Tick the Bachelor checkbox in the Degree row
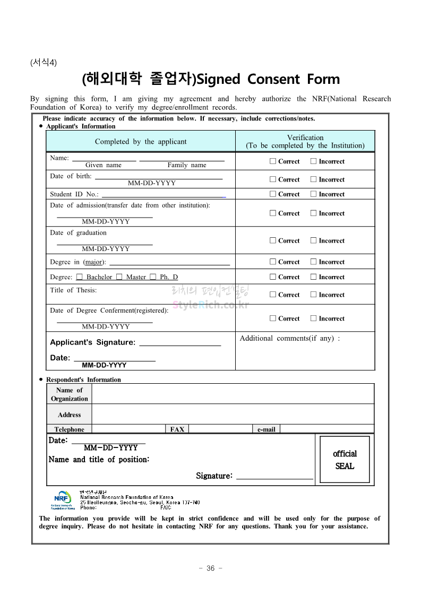79,277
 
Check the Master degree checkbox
119,277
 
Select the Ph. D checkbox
153,277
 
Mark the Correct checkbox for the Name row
273,161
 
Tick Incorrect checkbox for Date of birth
314,179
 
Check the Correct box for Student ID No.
273,194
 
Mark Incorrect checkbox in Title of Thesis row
314,295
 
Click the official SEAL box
345,460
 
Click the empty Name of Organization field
233,394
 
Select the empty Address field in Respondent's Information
233,414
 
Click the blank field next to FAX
220,429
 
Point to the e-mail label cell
266,429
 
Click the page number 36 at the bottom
210,568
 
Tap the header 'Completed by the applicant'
141,142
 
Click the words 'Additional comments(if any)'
289,338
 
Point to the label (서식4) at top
44,62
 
